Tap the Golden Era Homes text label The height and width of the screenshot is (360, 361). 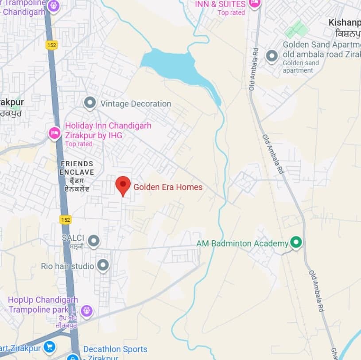(168, 187)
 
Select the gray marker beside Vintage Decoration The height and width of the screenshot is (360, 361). (90, 103)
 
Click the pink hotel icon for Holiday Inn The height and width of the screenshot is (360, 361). (54, 133)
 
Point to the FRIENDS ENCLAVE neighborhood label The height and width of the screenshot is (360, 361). (77, 168)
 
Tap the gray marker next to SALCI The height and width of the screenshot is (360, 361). (93, 241)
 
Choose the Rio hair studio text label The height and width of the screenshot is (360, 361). (67, 266)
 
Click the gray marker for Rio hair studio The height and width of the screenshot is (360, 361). (103, 266)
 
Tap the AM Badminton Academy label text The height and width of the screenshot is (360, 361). (242, 243)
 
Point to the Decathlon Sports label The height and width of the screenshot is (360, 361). (115, 349)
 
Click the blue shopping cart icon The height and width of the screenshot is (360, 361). (49, 346)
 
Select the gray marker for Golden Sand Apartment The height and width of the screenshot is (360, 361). (271, 56)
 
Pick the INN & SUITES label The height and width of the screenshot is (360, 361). (220, 4)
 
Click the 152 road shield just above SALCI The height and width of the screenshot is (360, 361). (65, 219)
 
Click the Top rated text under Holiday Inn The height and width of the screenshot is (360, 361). (79, 144)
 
